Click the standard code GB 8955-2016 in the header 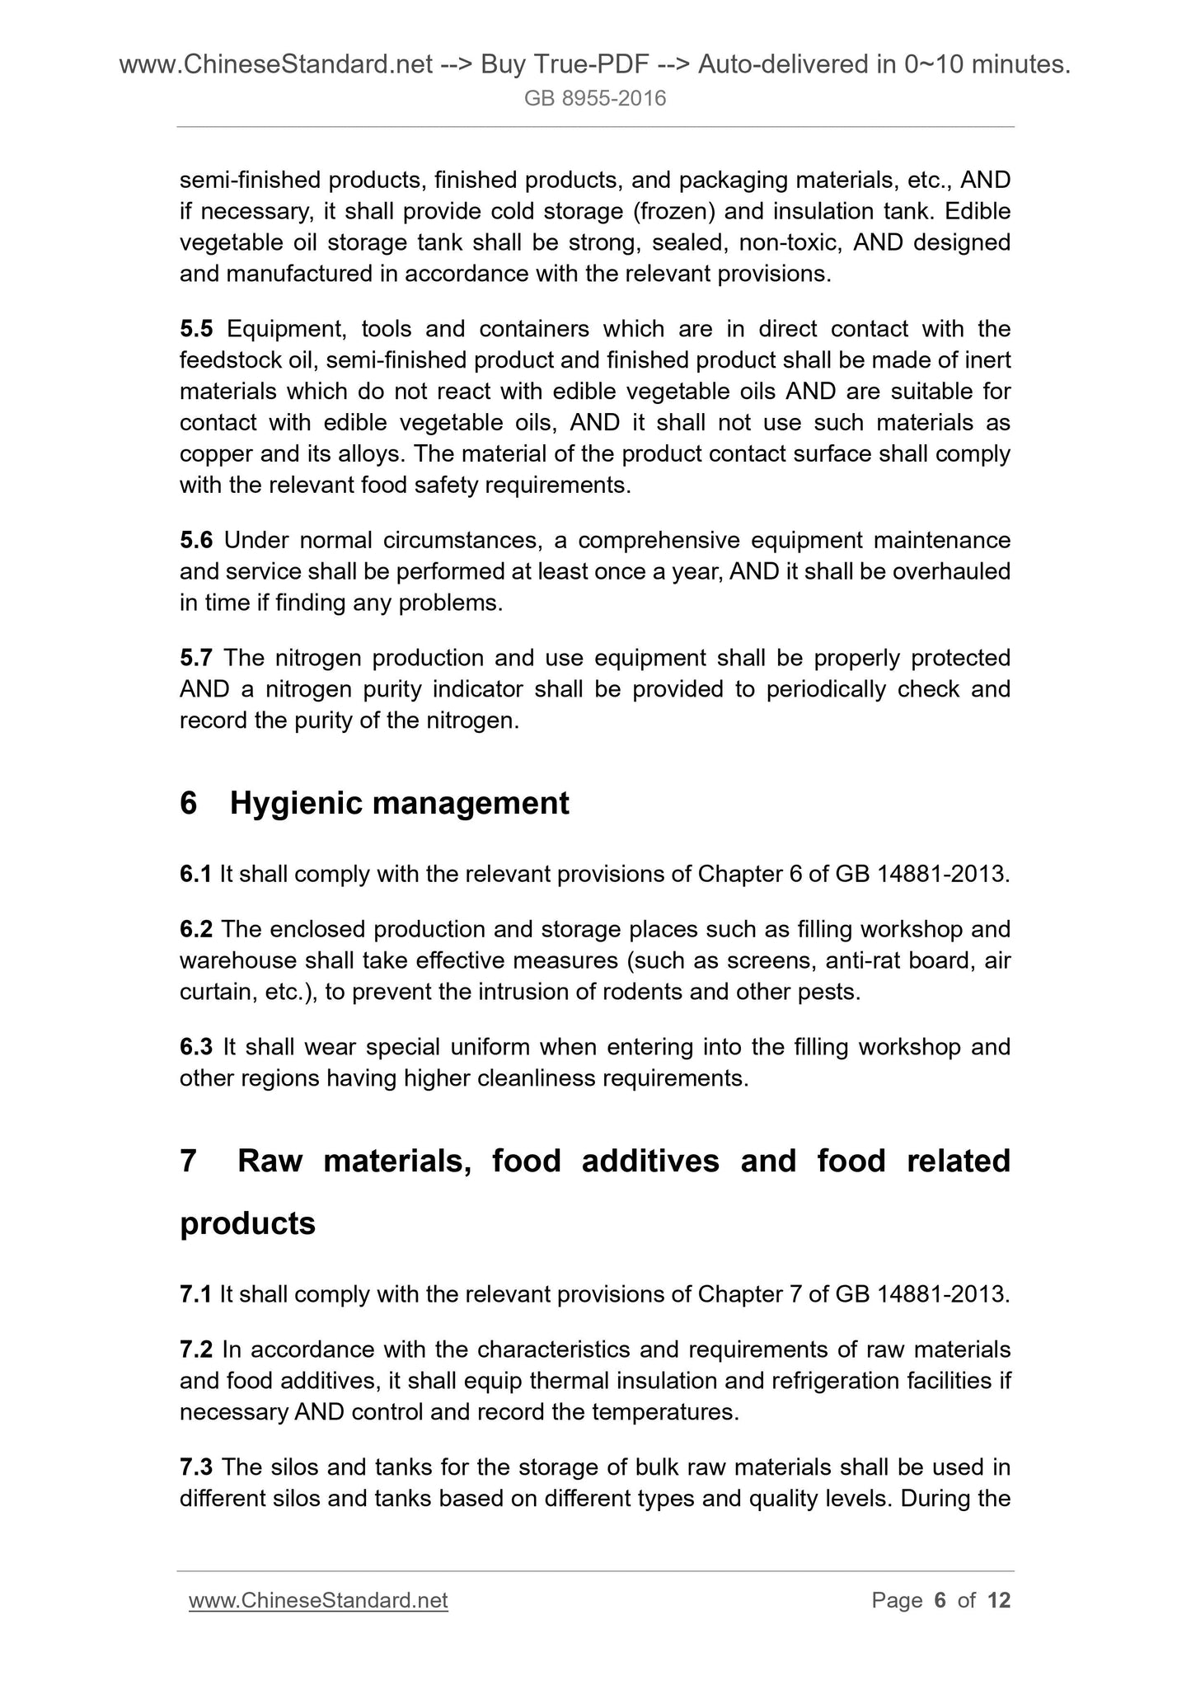coord(595,100)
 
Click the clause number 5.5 coord(196,330)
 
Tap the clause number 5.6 coord(196,541)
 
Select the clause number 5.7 coord(196,659)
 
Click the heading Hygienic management coord(399,803)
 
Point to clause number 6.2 coord(196,930)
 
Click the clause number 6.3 coord(196,1048)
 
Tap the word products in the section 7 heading coord(247,1223)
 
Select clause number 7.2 coord(196,1350)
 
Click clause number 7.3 coord(196,1468)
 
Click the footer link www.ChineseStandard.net coord(318,1601)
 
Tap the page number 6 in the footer coord(940,1601)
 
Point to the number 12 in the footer coord(998,1601)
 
